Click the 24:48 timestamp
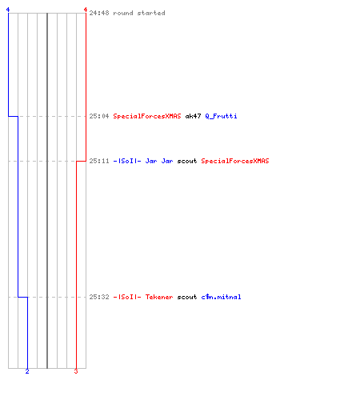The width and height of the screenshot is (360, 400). click(99, 13)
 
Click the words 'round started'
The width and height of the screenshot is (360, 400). click(139, 13)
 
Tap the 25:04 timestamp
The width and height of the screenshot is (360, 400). click(99, 116)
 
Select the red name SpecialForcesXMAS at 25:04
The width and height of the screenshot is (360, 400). click(147, 116)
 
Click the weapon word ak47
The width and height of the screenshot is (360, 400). click(193, 116)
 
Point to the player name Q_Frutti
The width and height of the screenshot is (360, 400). click(221, 116)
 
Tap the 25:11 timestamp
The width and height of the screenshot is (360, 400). click(99, 161)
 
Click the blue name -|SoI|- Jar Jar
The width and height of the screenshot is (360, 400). click(143, 161)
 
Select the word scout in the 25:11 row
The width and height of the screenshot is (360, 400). click(187, 161)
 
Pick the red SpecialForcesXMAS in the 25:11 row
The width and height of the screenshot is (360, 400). click(235, 161)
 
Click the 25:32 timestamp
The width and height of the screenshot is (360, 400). click(99, 297)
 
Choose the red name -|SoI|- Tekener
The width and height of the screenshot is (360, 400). click(143, 297)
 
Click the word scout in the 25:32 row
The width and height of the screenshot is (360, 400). click(187, 297)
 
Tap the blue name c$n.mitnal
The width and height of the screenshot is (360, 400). click(221, 297)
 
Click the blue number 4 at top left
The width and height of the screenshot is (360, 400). click(8, 10)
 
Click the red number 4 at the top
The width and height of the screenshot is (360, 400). click(86, 10)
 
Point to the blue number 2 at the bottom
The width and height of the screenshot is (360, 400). click(27, 371)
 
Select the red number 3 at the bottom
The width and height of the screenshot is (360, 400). click(76, 371)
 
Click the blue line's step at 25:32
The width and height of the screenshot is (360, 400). click(23, 297)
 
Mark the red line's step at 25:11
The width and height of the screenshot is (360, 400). click(81, 161)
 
